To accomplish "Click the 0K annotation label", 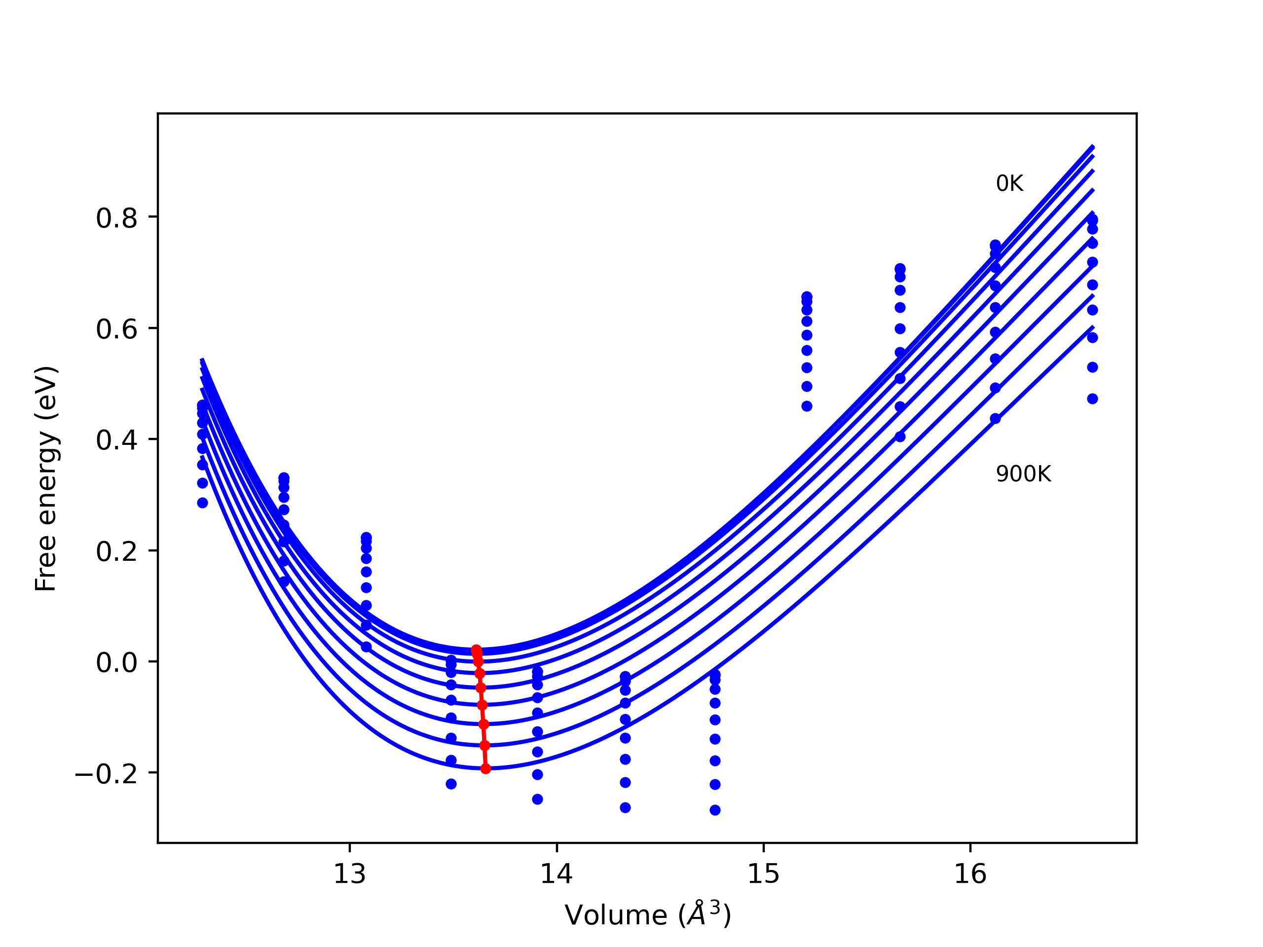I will point(1009,184).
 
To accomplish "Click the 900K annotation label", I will point(1023,474).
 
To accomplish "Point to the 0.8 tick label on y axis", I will point(116,219).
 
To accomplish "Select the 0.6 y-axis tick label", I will point(116,330).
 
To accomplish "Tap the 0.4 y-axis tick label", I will point(116,440).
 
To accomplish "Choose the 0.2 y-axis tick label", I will point(116,552).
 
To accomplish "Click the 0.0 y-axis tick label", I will point(116,663).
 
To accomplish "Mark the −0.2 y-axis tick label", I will point(106,774).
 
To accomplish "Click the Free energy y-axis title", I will point(46,478).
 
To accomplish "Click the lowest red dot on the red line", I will point(486,769).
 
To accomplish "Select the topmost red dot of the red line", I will point(476,650).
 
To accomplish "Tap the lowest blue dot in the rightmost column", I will point(1092,399).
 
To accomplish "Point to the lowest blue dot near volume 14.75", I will point(715,810).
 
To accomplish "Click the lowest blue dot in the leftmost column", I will point(203,503).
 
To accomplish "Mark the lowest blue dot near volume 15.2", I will point(807,406).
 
